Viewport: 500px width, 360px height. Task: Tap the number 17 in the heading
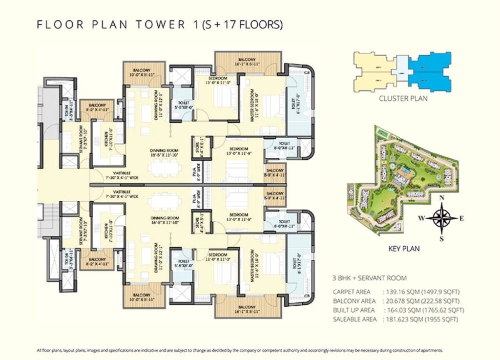tap(224, 24)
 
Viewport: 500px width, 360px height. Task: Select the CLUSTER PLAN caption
tap(403, 99)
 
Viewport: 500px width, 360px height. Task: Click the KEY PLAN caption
tap(404, 249)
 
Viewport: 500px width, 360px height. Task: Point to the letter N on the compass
tap(442, 198)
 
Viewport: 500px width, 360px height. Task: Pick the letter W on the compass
tap(421, 218)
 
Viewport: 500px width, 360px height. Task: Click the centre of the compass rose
tap(442, 218)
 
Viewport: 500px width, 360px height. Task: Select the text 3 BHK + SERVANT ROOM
tap(369, 278)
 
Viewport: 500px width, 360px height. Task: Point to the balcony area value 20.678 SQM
tap(397, 301)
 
